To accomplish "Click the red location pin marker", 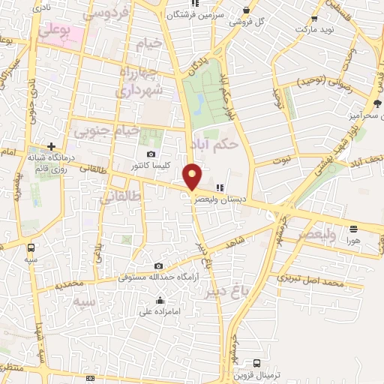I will coord(193,176).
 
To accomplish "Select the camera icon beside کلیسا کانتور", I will coord(152,154).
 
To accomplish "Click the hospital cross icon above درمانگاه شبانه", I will coord(51,146).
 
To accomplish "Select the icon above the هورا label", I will coord(352,229).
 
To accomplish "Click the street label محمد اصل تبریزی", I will coord(310,280).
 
